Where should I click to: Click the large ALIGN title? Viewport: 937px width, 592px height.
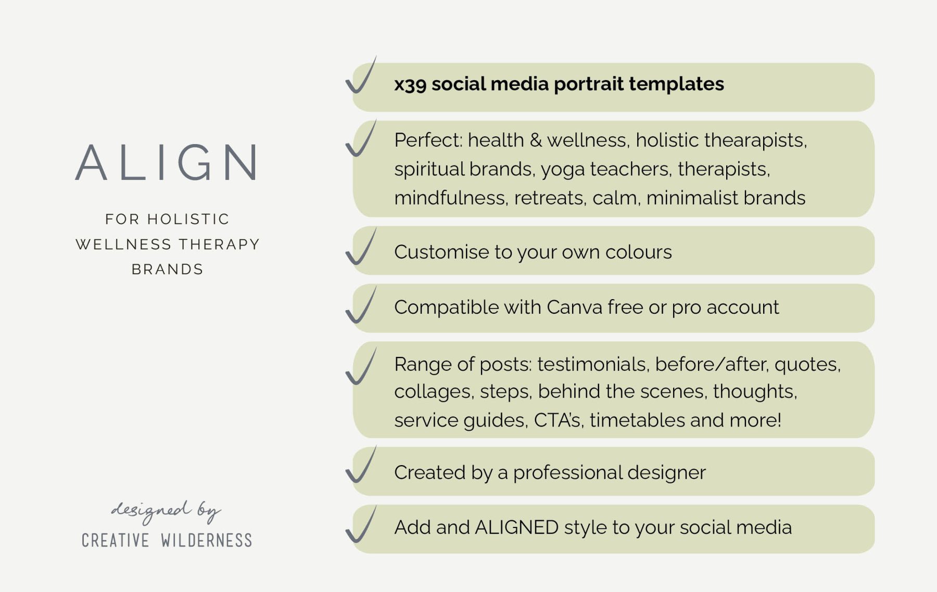coord(167,162)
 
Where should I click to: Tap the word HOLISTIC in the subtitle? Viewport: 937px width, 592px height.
coord(188,219)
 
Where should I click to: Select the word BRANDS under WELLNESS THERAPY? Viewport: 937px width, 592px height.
coord(167,269)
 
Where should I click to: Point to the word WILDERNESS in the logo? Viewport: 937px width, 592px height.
coord(206,540)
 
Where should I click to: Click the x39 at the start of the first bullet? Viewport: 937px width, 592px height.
coord(410,84)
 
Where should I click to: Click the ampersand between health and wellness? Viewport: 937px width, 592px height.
coord(535,140)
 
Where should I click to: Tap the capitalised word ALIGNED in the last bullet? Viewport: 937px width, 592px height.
coord(516,527)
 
